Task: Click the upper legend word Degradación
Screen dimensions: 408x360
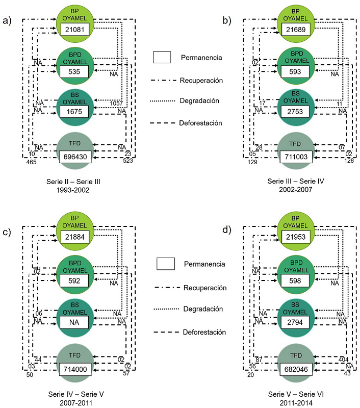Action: [x=199, y=101]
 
